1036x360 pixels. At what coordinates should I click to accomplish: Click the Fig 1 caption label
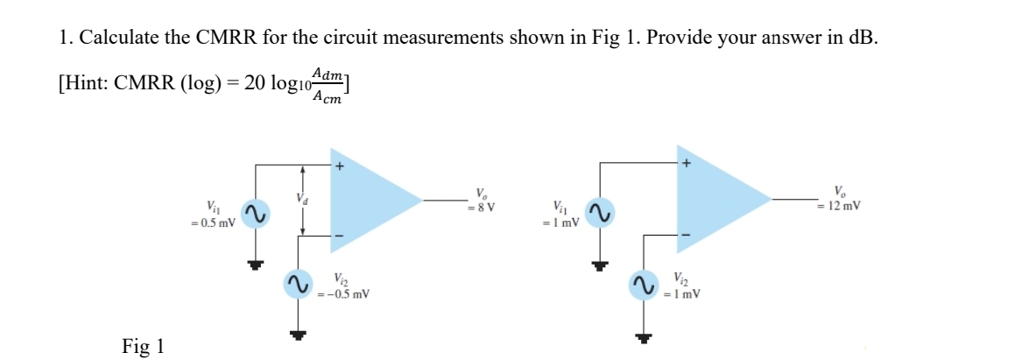tap(143, 346)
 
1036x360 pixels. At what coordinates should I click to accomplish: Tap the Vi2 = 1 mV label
tap(683, 286)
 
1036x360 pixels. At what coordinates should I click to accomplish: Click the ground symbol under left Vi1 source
tap(255, 265)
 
